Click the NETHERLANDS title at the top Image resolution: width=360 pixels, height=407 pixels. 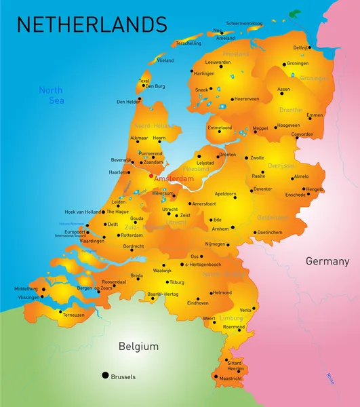coord(92,24)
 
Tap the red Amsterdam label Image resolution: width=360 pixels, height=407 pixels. coord(174,179)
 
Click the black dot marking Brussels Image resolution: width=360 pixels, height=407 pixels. coord(105,375)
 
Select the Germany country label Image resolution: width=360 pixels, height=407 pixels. coord(327,261)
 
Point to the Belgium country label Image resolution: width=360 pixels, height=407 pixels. coord(138,347)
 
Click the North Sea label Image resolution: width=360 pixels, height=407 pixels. coord(51,95)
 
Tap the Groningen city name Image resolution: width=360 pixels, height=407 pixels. coord(298,63)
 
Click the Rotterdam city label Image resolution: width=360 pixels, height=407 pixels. coord(132,235)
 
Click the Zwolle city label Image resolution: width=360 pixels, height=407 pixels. coord(257,158)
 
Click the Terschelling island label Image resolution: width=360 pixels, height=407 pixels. coord(188,43)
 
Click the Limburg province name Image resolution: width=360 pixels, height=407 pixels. coord(232,317)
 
